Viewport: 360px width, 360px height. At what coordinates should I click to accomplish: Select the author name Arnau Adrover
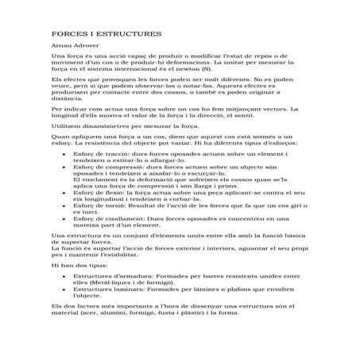pyautogui.click(x=72, y=49)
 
